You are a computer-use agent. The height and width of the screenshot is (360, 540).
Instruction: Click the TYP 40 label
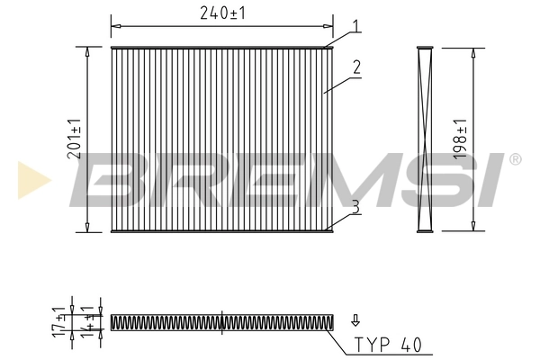(386, 344)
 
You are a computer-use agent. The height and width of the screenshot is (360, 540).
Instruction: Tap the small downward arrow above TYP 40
(355, 319)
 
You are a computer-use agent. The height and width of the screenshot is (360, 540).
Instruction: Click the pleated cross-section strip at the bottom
(221, 320)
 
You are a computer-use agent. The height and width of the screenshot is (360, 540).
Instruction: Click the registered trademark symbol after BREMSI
(514, 159)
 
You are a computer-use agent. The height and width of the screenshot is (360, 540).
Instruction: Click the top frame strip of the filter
(221, 47)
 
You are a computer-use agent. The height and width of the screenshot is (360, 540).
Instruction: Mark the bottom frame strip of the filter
(221, 231)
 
